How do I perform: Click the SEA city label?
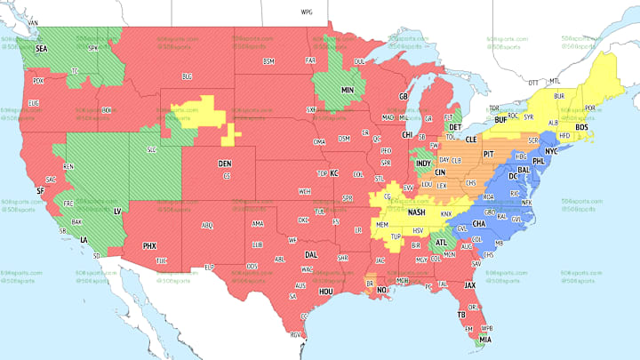click(41, 51)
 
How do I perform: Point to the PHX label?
click(150, 245)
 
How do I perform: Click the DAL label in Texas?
click(310, 254)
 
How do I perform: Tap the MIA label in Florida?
click(485, 338)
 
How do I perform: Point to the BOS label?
click(582, 127)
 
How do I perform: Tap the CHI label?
click(407, 135)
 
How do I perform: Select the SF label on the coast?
click(40, 190)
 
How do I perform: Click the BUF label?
click(500, 118)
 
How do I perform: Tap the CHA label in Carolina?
click(479, 224)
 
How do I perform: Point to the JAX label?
click(470, 284)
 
